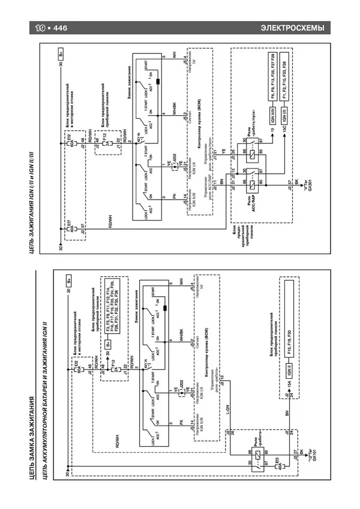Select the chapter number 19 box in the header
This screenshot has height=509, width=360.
pyautogui.click(x=41, y=29)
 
